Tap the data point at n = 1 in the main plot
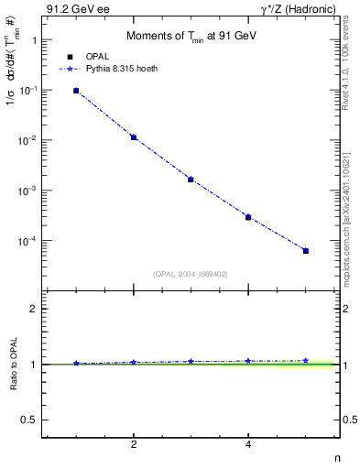coord(76,91)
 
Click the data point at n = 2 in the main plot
coord(134,137)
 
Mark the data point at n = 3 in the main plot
coord(191,180)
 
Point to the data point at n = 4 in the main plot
coord(248,217)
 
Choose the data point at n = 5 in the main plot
coord(306,251)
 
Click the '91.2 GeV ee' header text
coord(74,8)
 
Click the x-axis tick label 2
coord(134,445)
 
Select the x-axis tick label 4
coord(248,445)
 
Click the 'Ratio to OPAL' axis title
coord(14,364)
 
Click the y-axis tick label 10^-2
coord(28,140)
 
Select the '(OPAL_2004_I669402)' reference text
coord(190,274)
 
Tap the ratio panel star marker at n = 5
coord(306,361)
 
